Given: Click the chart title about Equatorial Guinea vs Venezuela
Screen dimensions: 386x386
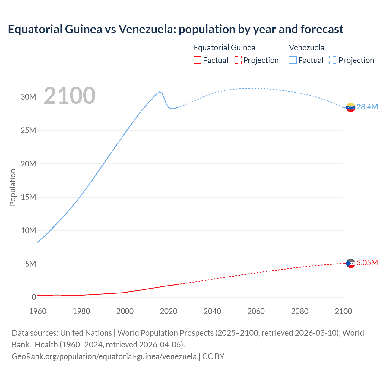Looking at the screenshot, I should [176, 29].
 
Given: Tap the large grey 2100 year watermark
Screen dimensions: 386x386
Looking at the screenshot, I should [70, 96].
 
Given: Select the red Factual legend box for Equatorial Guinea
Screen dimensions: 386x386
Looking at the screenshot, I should [197, 60].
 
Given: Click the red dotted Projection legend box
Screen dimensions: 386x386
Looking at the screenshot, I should [238, 60].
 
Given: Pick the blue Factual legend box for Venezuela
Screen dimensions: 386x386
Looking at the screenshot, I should [293, 60].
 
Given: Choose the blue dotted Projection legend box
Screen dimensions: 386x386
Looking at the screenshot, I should [333, 60].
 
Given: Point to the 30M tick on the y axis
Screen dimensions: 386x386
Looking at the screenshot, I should [28, 97].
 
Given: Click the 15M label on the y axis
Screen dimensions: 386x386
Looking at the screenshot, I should [28, 197].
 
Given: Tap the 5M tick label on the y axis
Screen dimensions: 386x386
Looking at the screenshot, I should [30, 264].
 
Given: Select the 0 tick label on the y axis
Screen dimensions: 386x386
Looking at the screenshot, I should [34, 297].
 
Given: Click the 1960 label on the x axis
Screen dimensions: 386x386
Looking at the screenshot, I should [38, 311].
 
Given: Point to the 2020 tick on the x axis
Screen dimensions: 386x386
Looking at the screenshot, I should [169, 311].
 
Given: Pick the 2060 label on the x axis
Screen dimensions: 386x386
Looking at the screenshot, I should [256, 311].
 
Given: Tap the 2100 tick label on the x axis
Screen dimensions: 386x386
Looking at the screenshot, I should [343, 311].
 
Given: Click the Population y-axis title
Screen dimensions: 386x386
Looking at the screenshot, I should [13, 187].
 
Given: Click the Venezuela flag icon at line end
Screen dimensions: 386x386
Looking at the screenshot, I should [351, 107].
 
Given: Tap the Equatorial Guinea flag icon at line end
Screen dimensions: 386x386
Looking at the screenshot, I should [351, 263].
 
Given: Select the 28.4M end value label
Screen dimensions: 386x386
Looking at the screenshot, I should [367, 107].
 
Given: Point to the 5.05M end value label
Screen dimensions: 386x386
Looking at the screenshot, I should [367, 263].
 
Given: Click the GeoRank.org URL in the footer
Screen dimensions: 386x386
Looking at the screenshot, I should [104, 356].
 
